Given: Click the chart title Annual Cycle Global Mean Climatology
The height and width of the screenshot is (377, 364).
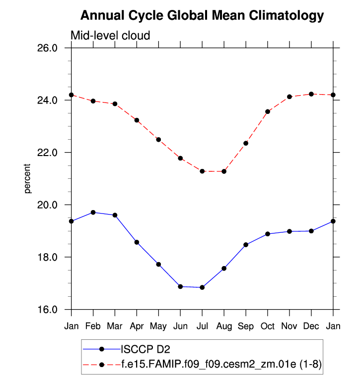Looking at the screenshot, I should pos(202,16).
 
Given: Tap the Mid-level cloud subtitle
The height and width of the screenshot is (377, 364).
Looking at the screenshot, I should pos(110,35).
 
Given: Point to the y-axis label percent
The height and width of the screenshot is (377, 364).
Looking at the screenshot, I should pos(28,179).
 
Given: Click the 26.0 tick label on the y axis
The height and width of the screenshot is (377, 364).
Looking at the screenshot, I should pos(48,48).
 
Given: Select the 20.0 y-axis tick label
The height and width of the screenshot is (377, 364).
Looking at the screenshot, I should pos(48,205).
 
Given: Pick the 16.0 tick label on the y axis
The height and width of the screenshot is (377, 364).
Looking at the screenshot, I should pos(48,310).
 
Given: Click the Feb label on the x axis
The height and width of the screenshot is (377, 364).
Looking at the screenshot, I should pos(93,326).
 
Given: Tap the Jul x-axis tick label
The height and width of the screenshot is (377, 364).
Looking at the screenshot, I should pos(202,326).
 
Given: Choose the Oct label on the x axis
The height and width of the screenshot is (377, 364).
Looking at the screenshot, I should pos(268,326).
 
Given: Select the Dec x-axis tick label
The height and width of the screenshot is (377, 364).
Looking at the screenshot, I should pos(311,326).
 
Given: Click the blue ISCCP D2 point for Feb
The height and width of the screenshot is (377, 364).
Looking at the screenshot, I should pos(93,213).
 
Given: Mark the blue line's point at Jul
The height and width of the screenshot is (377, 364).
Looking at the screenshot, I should pos(202,287).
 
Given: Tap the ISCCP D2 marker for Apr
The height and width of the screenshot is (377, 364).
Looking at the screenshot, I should pos(137,242).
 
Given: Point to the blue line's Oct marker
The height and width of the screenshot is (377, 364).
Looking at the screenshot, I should pos(268,234).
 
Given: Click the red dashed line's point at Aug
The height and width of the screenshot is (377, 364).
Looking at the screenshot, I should pos(224,171).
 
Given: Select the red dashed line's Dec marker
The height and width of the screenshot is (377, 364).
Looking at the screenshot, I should pos(311,94).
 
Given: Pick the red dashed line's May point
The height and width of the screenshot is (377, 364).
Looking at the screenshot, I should pos(158,140).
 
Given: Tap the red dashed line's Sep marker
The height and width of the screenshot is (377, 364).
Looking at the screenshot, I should pos(246,143).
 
